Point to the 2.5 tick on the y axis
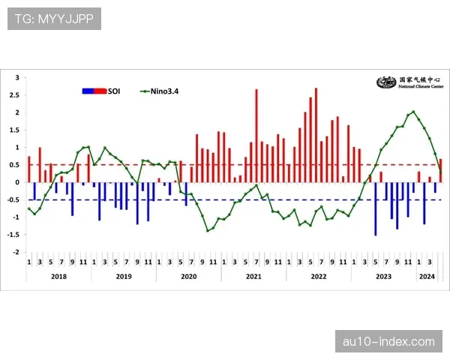(x=16, y=95)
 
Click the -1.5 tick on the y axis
(x=15, y=235)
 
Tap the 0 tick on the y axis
(x=18, y=182)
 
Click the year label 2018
(x=59, y=276)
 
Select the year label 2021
(x=253, y=276)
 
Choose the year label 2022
(x=318, y=276)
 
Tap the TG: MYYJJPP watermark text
(x=54, y=19)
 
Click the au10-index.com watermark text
(x=388, y=341)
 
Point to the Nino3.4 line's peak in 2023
(x=413, y=112)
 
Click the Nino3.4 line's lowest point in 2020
(x=208, y=230)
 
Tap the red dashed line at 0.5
(x=225, y=165)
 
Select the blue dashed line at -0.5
(x=225, y=199)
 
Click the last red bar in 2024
(x=440, y=170)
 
